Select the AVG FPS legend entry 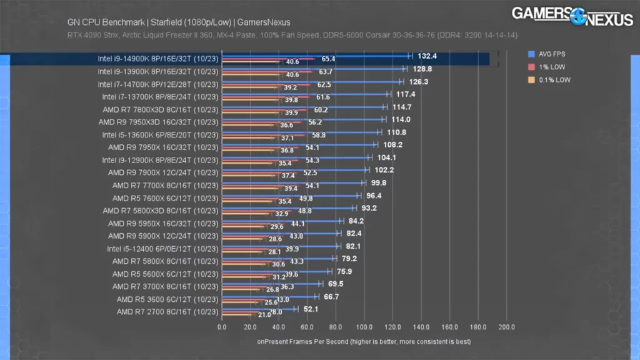tap(551, 54)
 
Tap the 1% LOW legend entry tap(549, 67)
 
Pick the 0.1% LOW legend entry tap(551, 80)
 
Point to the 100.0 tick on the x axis tap(364, 327)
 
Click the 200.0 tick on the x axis tap(506, 327)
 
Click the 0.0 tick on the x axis tap(222, 327)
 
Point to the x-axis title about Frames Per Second tap(364, 342)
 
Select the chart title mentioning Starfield tap(179, 22)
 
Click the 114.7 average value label tap(402, 107)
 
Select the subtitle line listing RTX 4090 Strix tap(292, 35)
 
